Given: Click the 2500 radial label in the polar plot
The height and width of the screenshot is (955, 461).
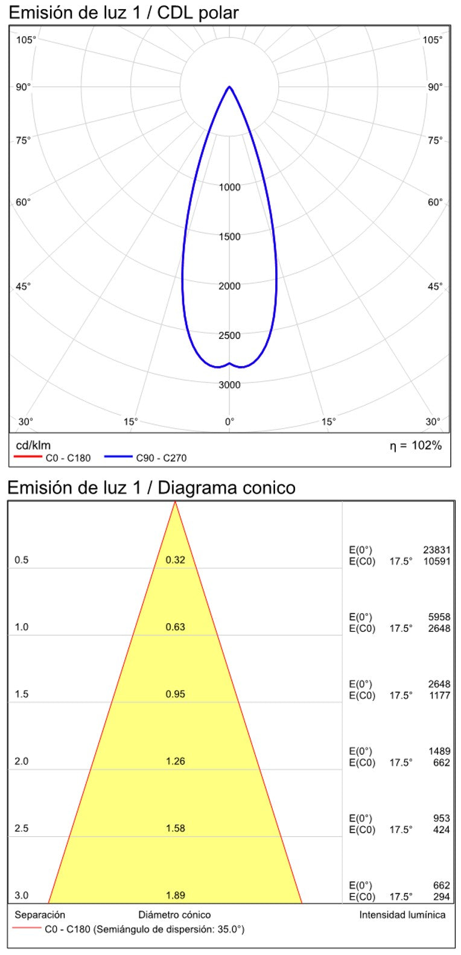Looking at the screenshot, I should point(229,335).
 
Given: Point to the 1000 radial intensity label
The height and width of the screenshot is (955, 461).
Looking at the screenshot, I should point(229,187).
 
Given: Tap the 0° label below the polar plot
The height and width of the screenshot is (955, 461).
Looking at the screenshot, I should point(229,422).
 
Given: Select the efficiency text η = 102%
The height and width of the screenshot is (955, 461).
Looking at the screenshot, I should point(415,446).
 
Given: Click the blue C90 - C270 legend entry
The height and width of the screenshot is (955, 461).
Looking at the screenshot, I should point(145,458).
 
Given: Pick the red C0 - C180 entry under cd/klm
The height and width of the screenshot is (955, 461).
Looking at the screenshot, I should point(52,458).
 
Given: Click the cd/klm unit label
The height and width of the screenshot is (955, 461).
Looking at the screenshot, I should point(29,446).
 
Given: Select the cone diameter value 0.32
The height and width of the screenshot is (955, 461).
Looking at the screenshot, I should point(176,560).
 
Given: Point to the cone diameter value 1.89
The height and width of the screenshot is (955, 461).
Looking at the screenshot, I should point(176,895).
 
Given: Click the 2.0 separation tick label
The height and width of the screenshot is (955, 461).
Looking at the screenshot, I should point(22,761).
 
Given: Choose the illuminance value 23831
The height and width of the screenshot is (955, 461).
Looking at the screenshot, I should point(437,550).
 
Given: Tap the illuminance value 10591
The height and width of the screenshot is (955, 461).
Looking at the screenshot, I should point(437,561).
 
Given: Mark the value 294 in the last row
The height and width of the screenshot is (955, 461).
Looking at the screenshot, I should point(442,897).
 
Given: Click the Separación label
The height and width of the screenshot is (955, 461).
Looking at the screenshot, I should point(40,915).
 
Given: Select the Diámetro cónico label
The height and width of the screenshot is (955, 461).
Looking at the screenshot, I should point(175,915).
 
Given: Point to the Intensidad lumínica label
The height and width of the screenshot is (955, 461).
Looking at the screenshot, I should point(402,915).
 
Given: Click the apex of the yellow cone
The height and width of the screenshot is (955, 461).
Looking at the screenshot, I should point(175,502).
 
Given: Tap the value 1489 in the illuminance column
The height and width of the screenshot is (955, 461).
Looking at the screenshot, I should point(439,751).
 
